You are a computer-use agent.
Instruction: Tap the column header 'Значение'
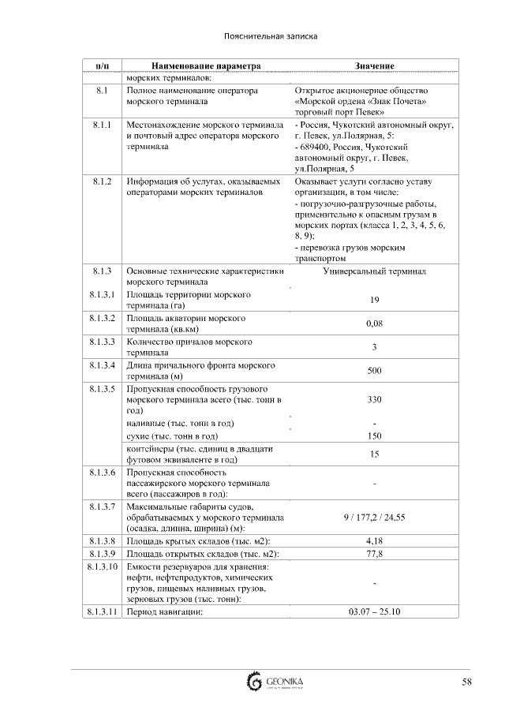[374, 65]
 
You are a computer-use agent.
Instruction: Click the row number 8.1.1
[102, 125]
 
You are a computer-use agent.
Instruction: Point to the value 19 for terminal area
[374, 300]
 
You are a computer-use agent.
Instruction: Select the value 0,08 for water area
[374, 323]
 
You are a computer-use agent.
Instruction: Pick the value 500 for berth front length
[374, 371]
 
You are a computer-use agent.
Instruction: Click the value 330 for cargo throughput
[374, 400]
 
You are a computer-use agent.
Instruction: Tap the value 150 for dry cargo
[374, 436]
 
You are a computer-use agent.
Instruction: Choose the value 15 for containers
[374, 454]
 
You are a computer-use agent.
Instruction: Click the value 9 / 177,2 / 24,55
[374, 517]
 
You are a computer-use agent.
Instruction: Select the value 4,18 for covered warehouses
[374, 541]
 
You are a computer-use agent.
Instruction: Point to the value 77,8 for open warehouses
[374, 554]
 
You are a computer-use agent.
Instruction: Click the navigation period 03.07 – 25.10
[374, 611]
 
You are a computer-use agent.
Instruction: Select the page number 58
[467, 682]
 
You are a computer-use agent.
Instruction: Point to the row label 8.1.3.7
[102, 506]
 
